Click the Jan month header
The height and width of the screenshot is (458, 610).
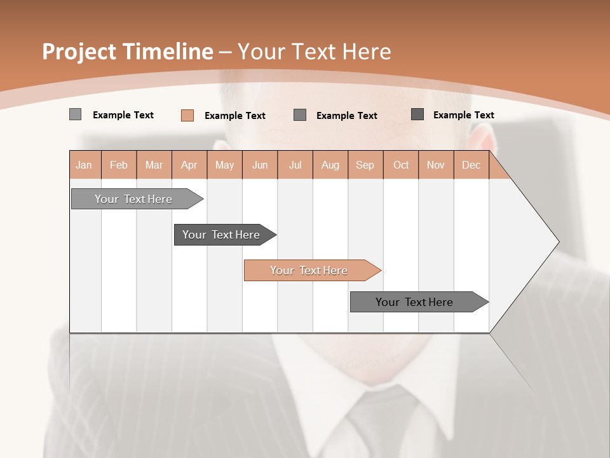click(85, 165)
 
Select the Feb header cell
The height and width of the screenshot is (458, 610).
click(119, 165)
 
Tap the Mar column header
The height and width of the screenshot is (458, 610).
click(154, 165)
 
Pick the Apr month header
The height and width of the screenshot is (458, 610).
click(189, 165)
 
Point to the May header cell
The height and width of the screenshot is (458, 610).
click(224, 165)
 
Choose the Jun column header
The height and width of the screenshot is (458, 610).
click(260, 165)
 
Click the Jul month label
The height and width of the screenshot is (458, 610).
click(295, 165)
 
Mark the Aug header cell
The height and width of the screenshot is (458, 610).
click(330, 165)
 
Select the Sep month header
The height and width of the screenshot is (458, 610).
click(365, 165)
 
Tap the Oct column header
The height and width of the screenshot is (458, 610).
click(401, 165)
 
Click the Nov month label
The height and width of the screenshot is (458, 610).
click(436, 165)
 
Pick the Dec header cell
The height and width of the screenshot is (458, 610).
click(471, 165)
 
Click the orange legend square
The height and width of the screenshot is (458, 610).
click(187, 115)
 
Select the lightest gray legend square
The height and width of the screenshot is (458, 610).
click(75, 114)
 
